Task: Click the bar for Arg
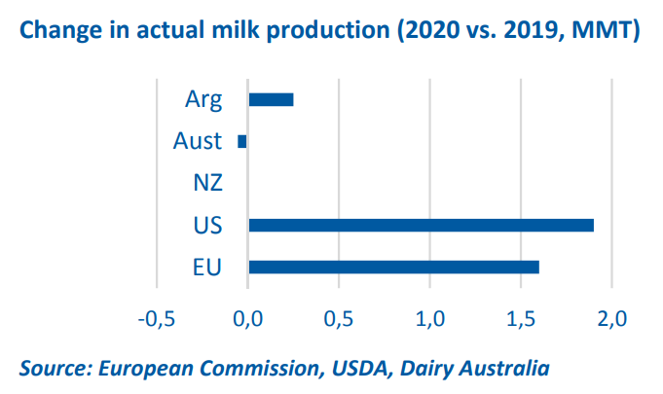click(271, 99)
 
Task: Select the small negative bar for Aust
click(242, 141)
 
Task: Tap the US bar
click(421, 225)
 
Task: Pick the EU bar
click(393, 267)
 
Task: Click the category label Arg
click(203, 99)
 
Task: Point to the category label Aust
click(198, 141)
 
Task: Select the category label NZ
click(207, 183)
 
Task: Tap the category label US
click(207, 225)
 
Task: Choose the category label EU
click(206, 267)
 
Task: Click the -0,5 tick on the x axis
click(157, 318)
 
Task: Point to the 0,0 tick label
click(248, 318)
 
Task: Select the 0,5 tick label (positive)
click(339, 318)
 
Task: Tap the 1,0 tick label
click(429, 318)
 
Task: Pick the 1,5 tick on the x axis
click(520, 318)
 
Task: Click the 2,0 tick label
click(610, 318)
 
